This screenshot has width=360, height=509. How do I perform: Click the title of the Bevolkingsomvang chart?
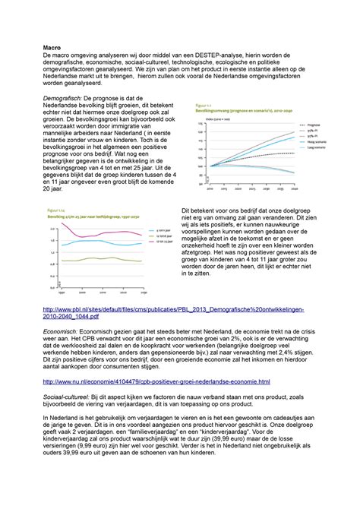[235, 110]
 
